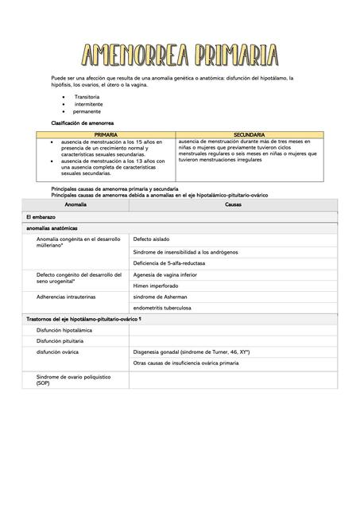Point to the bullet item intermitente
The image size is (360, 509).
click(x=90, y=104)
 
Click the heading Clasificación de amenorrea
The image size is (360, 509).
click(x=83, y=123)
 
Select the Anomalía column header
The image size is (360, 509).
click(x=75, y=204)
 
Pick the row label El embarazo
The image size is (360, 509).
click(x=40, y=216)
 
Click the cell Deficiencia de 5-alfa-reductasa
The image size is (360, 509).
click(x=176, y=262)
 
